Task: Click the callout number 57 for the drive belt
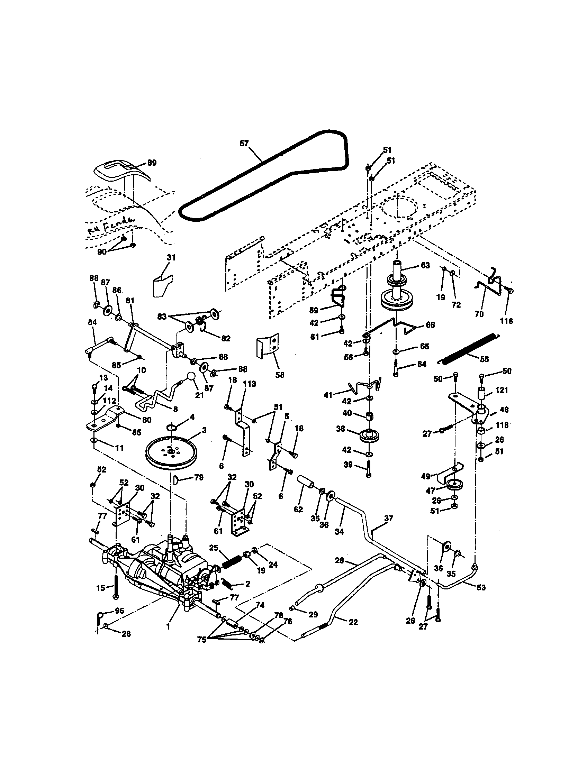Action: [244, 143]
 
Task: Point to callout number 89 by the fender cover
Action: [152, 163]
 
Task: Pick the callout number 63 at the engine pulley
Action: [425, 265]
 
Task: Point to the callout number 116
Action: [506, 321]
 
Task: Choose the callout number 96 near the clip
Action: [119, 611]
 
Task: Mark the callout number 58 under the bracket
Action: [280, 375]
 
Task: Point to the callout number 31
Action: [171, 257]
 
